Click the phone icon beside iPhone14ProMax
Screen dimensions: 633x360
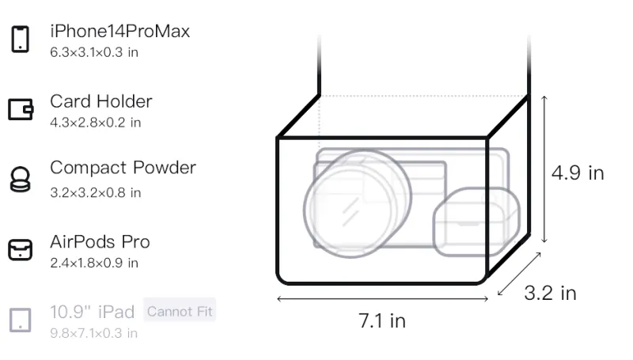point(21,39)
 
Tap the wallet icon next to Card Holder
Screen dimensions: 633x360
point(21,109)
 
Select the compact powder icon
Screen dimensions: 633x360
point(20,179)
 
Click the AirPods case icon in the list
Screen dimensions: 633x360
point(21,250)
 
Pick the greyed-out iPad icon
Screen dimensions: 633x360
point(21,320)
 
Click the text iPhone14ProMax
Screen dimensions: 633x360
point(120,31)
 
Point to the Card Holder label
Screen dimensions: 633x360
point(101,101)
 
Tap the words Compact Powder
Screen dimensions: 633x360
point(123,168)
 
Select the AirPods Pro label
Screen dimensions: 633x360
point(100,242)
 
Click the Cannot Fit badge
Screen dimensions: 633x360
point(180,311)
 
